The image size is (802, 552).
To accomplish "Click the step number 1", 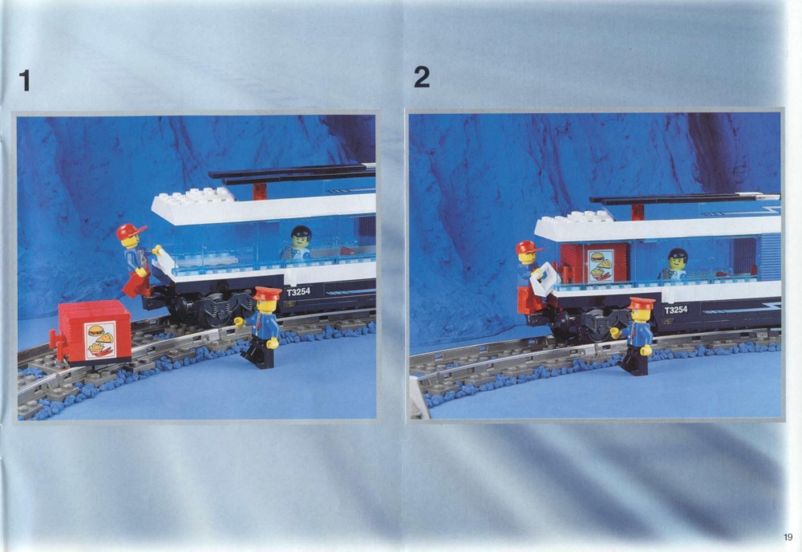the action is click(x=25, y=81).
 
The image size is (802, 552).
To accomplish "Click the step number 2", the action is click(x=422, y=77).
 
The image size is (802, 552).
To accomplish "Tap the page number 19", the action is click(x=788, y=537).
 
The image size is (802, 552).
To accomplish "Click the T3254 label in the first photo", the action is click(x=298, y=292).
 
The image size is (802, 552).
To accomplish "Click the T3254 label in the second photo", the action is click(x=675, y=310).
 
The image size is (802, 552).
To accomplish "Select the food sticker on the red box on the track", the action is click(x=101, y=339).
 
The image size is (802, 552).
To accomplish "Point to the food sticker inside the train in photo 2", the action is click(x=601, y=266).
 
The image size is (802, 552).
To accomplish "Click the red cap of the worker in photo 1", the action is click(x=131, y=231).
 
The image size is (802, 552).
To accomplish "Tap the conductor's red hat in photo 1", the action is click(x=267, y=293).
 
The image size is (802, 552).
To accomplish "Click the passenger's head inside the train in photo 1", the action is click(x=302, y=237).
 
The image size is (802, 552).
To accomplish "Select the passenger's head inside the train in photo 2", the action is click(x=678, y=259).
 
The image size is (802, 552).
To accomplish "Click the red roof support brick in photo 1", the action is click(x=260, y=191).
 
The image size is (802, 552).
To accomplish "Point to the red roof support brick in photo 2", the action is click(x=638, y=211).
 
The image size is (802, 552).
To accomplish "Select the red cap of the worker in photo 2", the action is click(x=529, y=247).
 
